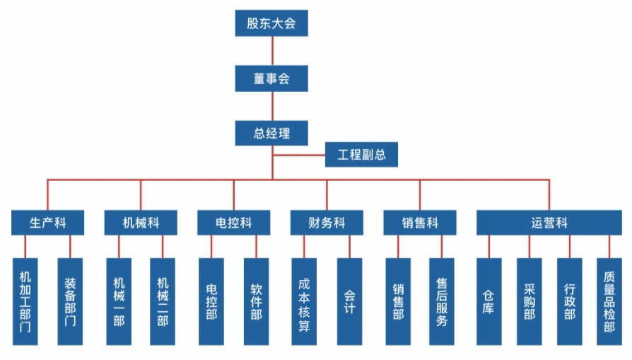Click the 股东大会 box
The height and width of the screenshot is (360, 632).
point(271,23)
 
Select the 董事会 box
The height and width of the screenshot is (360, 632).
point(271,79)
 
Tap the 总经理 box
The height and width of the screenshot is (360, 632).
point(271,133)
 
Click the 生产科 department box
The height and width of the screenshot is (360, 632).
point(48,223)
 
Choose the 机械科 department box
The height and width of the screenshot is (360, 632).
point(141,223)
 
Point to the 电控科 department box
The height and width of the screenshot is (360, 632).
point(233,223)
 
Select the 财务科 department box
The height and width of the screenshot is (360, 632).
point(327,223)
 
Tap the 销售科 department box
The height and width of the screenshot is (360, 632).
point(420,223)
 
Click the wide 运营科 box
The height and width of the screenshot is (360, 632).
point(549,223)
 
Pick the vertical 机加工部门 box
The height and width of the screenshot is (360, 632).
point(25,301)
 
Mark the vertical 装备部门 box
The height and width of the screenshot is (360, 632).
point(70,301)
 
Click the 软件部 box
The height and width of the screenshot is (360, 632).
point(256,301)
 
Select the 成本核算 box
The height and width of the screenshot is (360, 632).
point(304,301)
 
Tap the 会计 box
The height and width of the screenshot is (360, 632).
point(349,301)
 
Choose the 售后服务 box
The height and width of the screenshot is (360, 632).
point(442,301)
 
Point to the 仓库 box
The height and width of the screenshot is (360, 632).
point(489,301)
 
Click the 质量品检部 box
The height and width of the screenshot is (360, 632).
point(609,301)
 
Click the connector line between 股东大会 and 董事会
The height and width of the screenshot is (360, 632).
point(272,51)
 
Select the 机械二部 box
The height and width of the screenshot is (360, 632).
point(163,301)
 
